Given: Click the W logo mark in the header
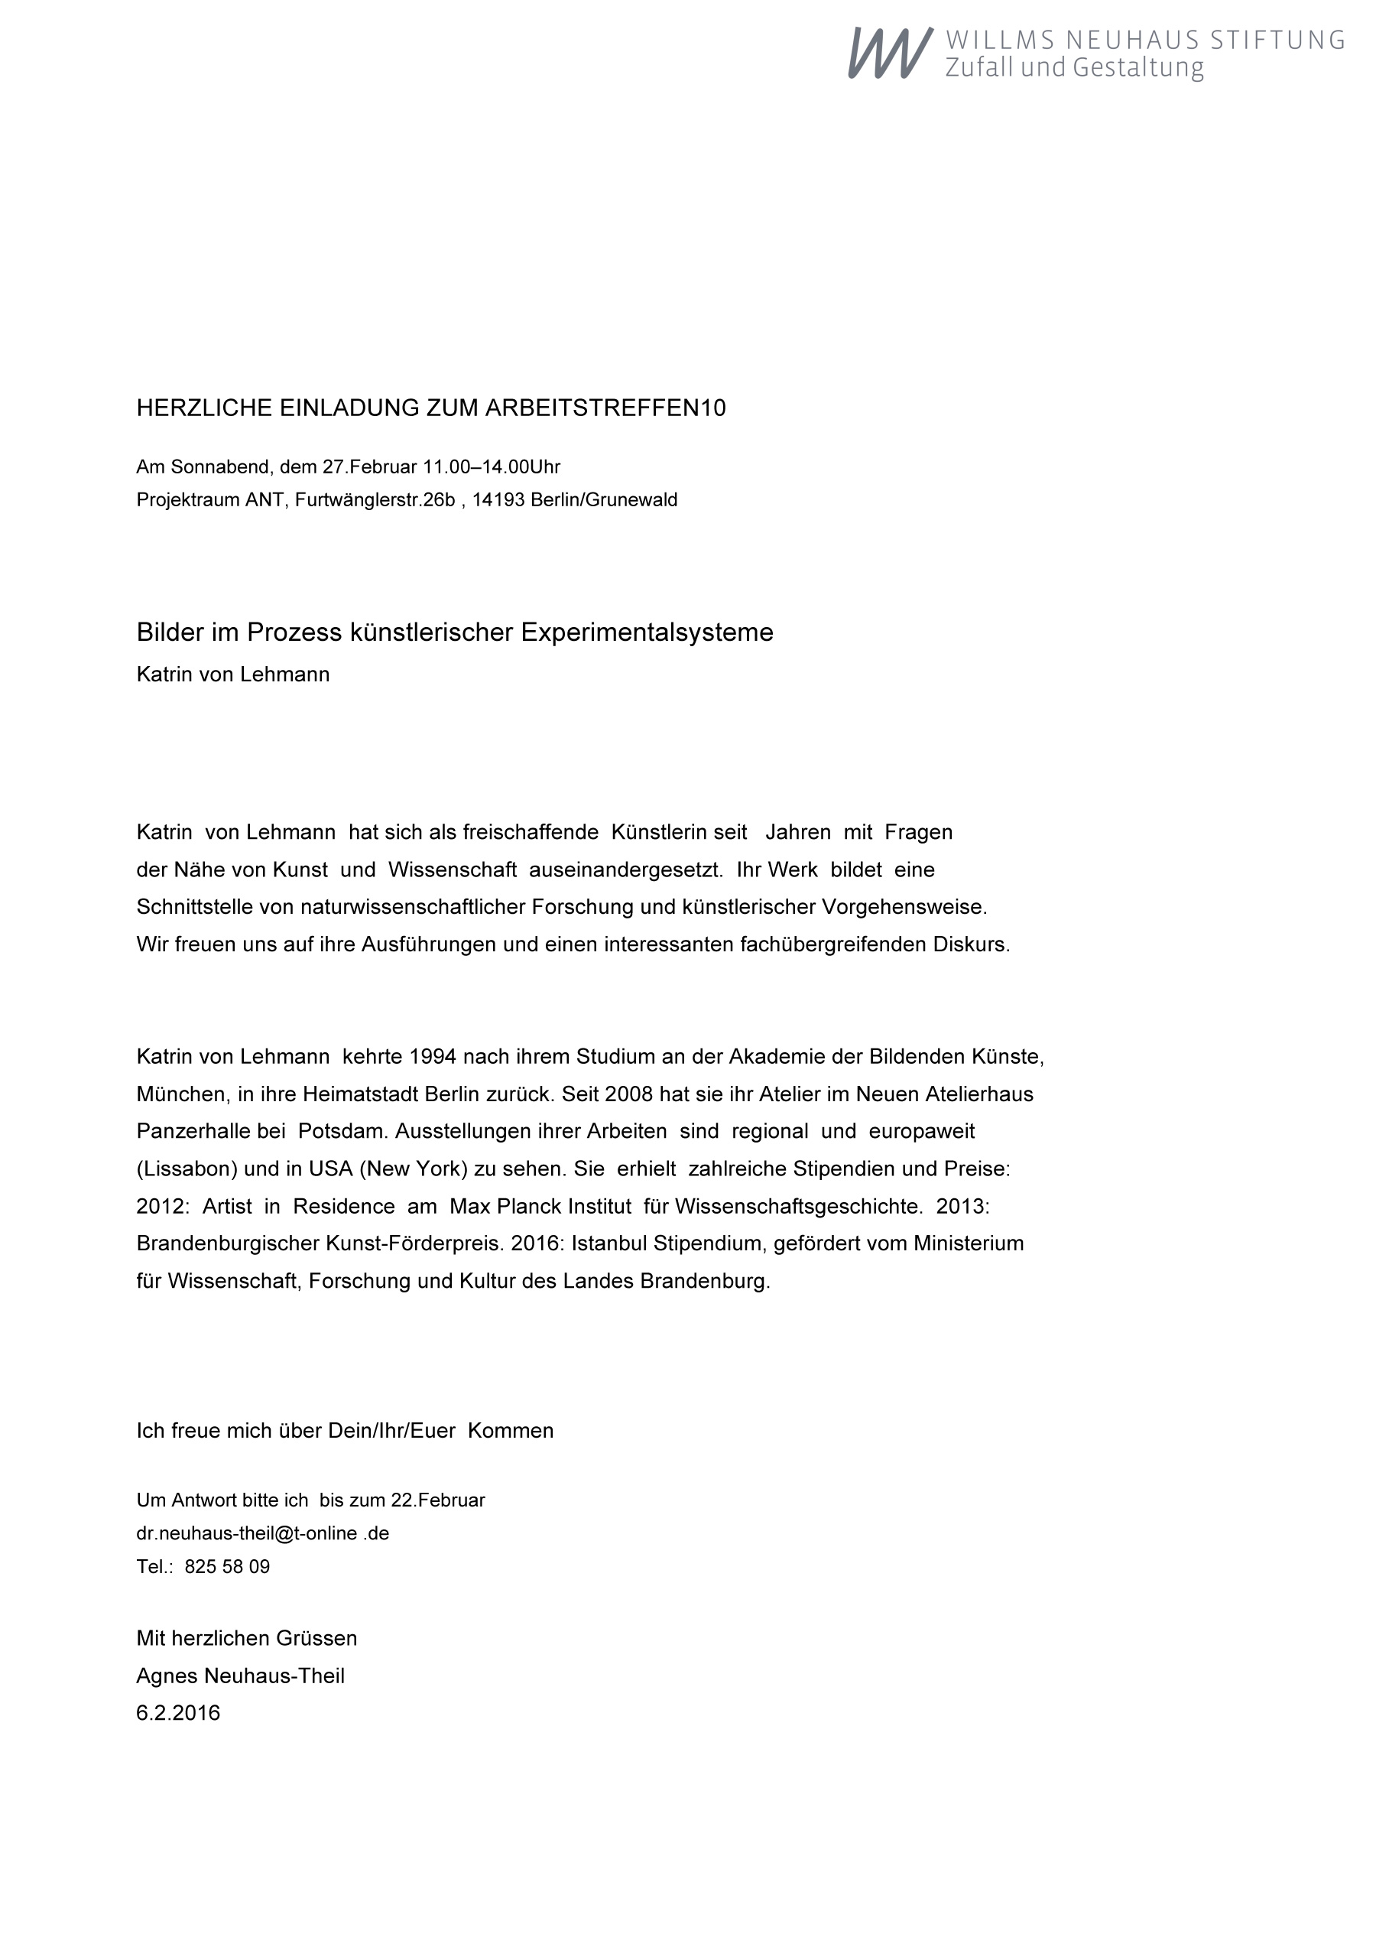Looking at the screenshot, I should pos(889,53).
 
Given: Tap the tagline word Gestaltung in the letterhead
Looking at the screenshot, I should pos(1137,68).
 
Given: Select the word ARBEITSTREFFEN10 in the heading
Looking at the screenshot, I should pos(605,408).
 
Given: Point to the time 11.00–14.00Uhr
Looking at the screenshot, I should pos(492,467).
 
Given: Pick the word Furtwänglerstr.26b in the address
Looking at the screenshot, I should pos(375,500).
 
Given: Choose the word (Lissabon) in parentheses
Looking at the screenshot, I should pos(187,1169).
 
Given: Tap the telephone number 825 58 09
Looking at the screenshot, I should pos(227,1566).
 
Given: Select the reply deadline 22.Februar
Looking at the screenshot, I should pos(437,1500).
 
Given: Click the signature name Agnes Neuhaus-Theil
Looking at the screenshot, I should pos(241,1676).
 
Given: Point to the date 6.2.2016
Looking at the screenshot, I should pos(178,1713).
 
